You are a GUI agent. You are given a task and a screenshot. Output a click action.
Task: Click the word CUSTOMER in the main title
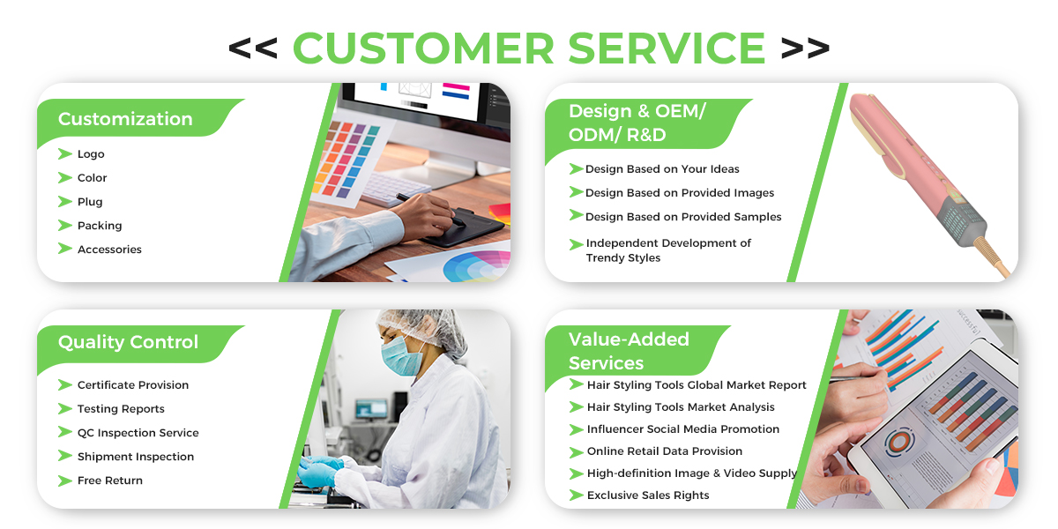[x=423, y=48]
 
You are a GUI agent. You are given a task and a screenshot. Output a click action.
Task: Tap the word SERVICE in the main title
[x=667, y=48]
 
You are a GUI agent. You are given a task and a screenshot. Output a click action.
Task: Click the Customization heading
[x=125, y=119]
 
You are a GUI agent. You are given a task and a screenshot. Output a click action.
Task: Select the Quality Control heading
[x=128, y=342]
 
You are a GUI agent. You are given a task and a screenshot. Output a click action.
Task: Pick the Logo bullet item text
[x=91, y=154]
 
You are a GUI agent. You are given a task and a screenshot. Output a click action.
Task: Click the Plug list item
[x=90, y=202]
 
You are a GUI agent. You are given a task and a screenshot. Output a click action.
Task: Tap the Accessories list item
[x=109, y=250]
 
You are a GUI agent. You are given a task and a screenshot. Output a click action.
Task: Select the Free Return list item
[x=110, y=481]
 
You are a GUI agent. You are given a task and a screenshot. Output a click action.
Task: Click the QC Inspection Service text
[x=138, y=433]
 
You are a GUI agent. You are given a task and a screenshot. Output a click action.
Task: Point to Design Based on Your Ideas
[x=662, y=169]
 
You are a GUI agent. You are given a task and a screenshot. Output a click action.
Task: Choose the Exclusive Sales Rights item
[x=648, y=495]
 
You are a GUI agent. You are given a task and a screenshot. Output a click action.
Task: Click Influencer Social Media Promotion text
[x=683, y=428]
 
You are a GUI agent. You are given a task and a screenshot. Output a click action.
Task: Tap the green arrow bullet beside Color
[x=64, y=177]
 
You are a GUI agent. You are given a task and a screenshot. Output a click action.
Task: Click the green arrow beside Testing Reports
[x=64, y=408]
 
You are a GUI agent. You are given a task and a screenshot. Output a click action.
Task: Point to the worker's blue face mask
[x=401, y=356]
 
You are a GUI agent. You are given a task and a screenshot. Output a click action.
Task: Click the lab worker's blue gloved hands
[x=320, y=471]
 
